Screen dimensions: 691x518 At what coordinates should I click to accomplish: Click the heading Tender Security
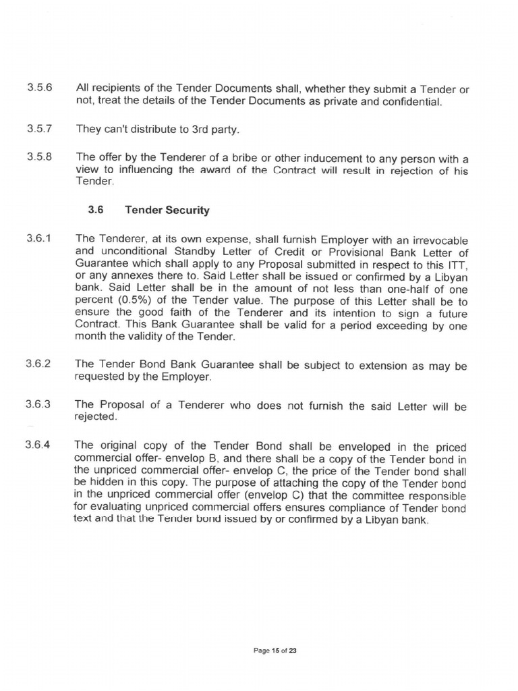167,210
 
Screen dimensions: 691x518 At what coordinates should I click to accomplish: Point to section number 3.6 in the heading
95,210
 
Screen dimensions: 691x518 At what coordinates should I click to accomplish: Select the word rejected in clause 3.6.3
96,417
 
